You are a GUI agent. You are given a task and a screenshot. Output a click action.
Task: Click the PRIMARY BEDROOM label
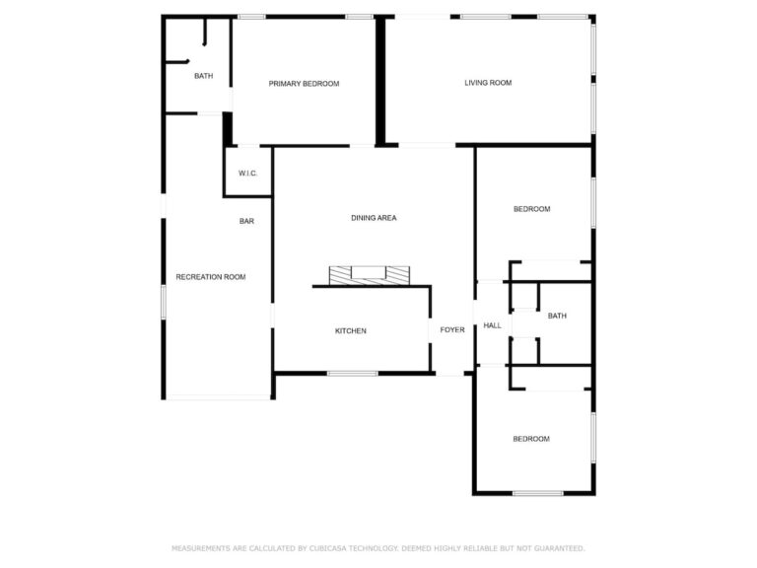(x=304, y=84)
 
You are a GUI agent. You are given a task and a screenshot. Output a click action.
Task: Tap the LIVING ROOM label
(x=488, y=83)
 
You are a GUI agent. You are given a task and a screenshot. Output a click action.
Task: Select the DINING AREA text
(x=374, y=218)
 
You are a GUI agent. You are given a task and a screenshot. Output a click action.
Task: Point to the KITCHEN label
(x=351, y=331)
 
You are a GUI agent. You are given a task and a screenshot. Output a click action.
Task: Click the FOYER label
(x=452, y=330)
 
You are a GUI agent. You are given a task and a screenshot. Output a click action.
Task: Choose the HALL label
(x=493, y=325)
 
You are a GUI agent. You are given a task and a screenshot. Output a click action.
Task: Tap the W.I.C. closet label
(x=247, y=174)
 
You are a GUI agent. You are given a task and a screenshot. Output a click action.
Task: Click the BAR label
(x=246, y=221)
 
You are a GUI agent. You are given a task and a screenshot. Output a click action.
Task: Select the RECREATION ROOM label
(x=211, y=277)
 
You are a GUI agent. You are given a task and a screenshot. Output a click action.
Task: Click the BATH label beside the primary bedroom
(x=203, y=76)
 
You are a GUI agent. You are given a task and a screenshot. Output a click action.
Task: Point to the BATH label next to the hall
(x=557, y=316)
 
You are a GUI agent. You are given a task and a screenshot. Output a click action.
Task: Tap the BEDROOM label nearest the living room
(x=531, y=209)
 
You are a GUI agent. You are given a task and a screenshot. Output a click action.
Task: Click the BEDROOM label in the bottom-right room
(x=531, y=439)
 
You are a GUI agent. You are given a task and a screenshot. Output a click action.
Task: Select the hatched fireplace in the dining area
(x=370, y=276)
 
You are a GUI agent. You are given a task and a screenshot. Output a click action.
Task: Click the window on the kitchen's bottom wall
(x=353, y=374)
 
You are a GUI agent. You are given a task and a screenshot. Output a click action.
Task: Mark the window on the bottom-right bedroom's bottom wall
(x=538, y=493)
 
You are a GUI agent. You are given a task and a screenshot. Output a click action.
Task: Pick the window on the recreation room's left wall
(x=164, y=302)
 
